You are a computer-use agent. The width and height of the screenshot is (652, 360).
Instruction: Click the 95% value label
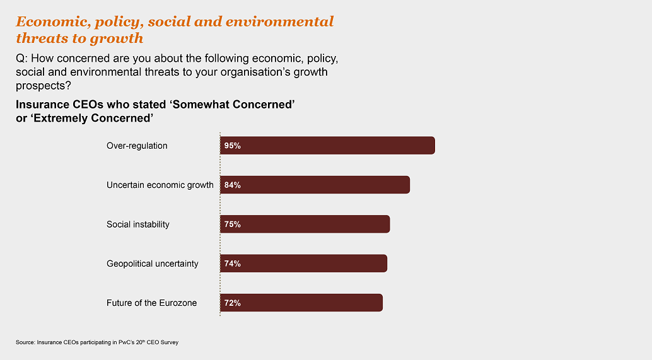point(232,146)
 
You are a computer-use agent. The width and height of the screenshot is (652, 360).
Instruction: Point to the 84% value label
point(232,185)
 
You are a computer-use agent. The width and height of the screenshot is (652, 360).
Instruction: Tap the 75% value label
point(232,224)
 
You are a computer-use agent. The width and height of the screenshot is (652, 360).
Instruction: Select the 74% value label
point(232,264)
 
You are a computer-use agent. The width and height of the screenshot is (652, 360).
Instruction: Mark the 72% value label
point(232,303)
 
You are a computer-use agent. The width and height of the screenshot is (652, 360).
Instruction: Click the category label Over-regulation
point(137,146)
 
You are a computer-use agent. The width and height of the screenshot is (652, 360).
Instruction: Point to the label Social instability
point(138,224)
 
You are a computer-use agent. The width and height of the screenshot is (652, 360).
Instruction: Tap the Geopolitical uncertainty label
point(153,264)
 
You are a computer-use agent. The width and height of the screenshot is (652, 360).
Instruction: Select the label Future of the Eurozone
point(151,303)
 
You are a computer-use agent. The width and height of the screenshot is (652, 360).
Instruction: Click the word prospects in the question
point(41,85)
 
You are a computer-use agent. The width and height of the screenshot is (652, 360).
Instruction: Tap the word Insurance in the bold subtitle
point(42,105)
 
